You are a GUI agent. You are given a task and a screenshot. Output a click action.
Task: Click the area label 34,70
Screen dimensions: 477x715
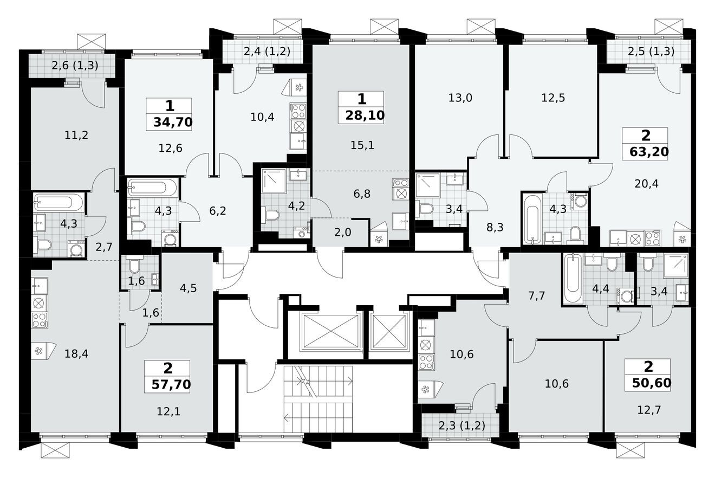[172, 122]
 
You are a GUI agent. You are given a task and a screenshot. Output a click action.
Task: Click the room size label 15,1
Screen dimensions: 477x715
[362, 145]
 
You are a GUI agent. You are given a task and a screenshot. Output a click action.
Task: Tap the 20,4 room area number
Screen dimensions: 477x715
[646, 183]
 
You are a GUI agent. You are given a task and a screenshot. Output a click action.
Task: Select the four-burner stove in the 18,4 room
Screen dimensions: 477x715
[40, 320]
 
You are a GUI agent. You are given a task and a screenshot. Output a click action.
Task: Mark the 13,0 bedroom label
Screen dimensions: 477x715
[460, 98]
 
